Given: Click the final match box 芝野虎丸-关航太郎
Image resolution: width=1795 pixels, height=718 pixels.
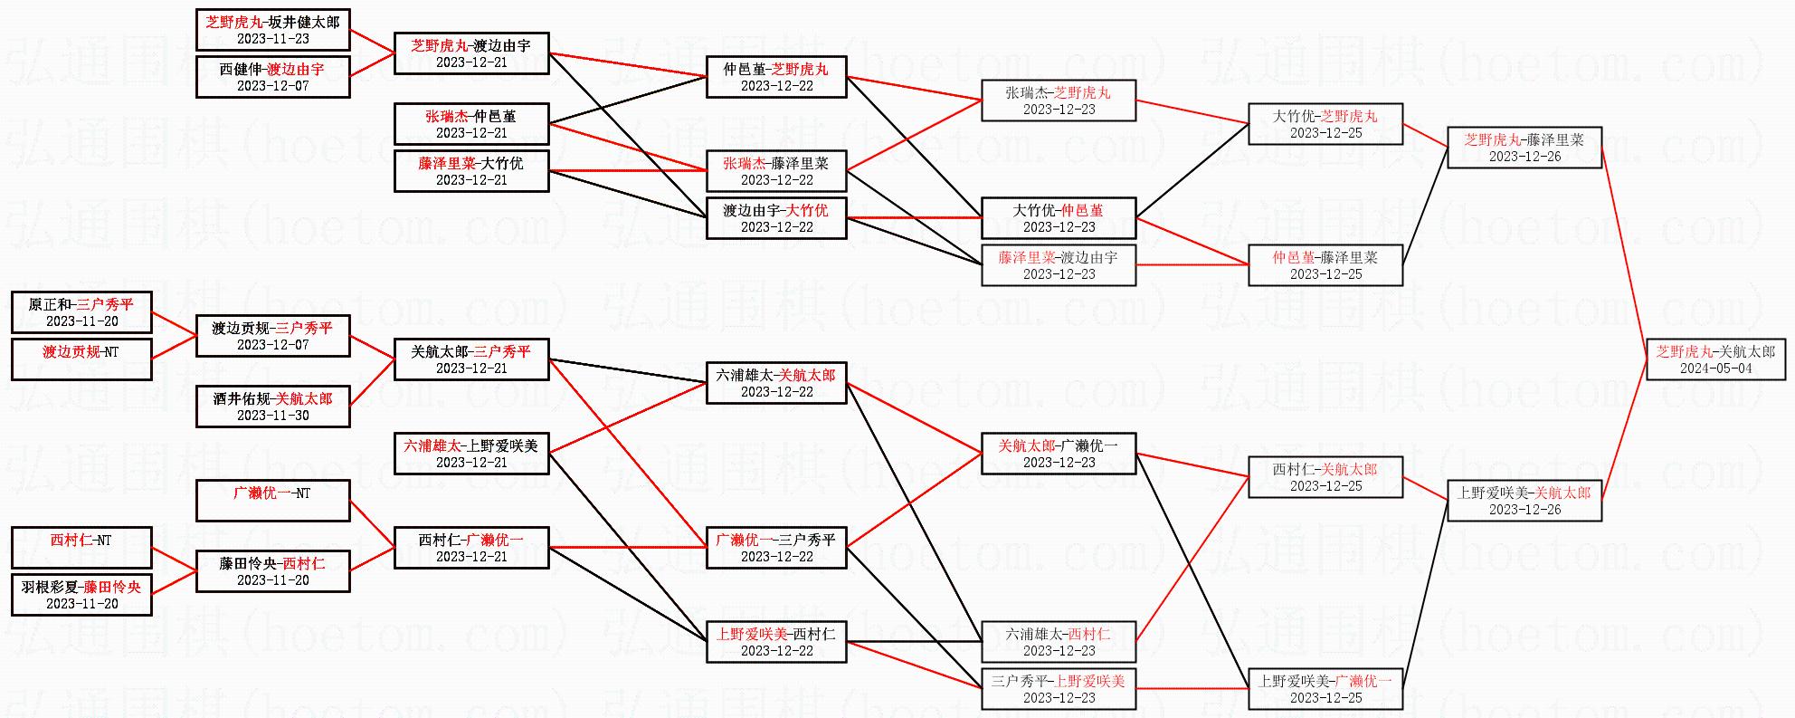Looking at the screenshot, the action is [x=1715, y=359].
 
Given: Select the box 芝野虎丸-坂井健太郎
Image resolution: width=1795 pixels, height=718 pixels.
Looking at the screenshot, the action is [x=272, y=30].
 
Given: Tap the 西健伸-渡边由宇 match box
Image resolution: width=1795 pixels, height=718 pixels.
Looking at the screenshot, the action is [x=272, y=77].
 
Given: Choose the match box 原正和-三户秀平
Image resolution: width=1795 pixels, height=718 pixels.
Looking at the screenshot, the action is [x=81, y=312].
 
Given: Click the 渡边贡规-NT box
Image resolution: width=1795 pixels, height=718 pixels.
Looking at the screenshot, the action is [x=81, y=359].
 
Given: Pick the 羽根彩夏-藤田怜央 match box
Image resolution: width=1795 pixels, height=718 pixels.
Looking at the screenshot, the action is [x=81, y=595].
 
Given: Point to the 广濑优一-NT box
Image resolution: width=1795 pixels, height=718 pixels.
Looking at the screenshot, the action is [x=272, y=501].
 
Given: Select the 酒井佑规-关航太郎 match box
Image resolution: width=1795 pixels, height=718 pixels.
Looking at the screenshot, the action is [x=272, y=407].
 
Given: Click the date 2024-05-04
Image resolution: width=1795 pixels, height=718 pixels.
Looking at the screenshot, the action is [x=1715, y=369].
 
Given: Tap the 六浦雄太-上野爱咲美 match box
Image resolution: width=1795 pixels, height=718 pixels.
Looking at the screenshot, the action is [x=471, y=454].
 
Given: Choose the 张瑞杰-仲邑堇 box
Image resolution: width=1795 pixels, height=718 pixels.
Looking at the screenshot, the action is [x=471, y=124].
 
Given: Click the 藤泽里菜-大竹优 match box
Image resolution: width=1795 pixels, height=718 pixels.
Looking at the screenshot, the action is [x=471, y=171].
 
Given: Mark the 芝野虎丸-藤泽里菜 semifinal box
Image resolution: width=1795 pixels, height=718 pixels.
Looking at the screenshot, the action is [x=1524, y=148].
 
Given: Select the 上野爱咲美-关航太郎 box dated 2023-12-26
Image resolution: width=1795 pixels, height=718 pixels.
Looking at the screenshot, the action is [x=1524, y=501].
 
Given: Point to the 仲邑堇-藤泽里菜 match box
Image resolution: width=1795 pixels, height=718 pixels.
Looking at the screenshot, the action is [x=1325, y=265].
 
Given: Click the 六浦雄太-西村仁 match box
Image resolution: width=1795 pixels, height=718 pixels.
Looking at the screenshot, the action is [x=1059, y=642].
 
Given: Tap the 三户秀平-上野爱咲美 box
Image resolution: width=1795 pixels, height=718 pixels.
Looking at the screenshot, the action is [x=1059, y=689].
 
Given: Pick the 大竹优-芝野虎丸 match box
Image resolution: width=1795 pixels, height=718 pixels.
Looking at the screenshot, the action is [x=1325, y=124].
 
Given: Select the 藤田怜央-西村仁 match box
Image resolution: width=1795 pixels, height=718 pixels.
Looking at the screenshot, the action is [x=272, y=571].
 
